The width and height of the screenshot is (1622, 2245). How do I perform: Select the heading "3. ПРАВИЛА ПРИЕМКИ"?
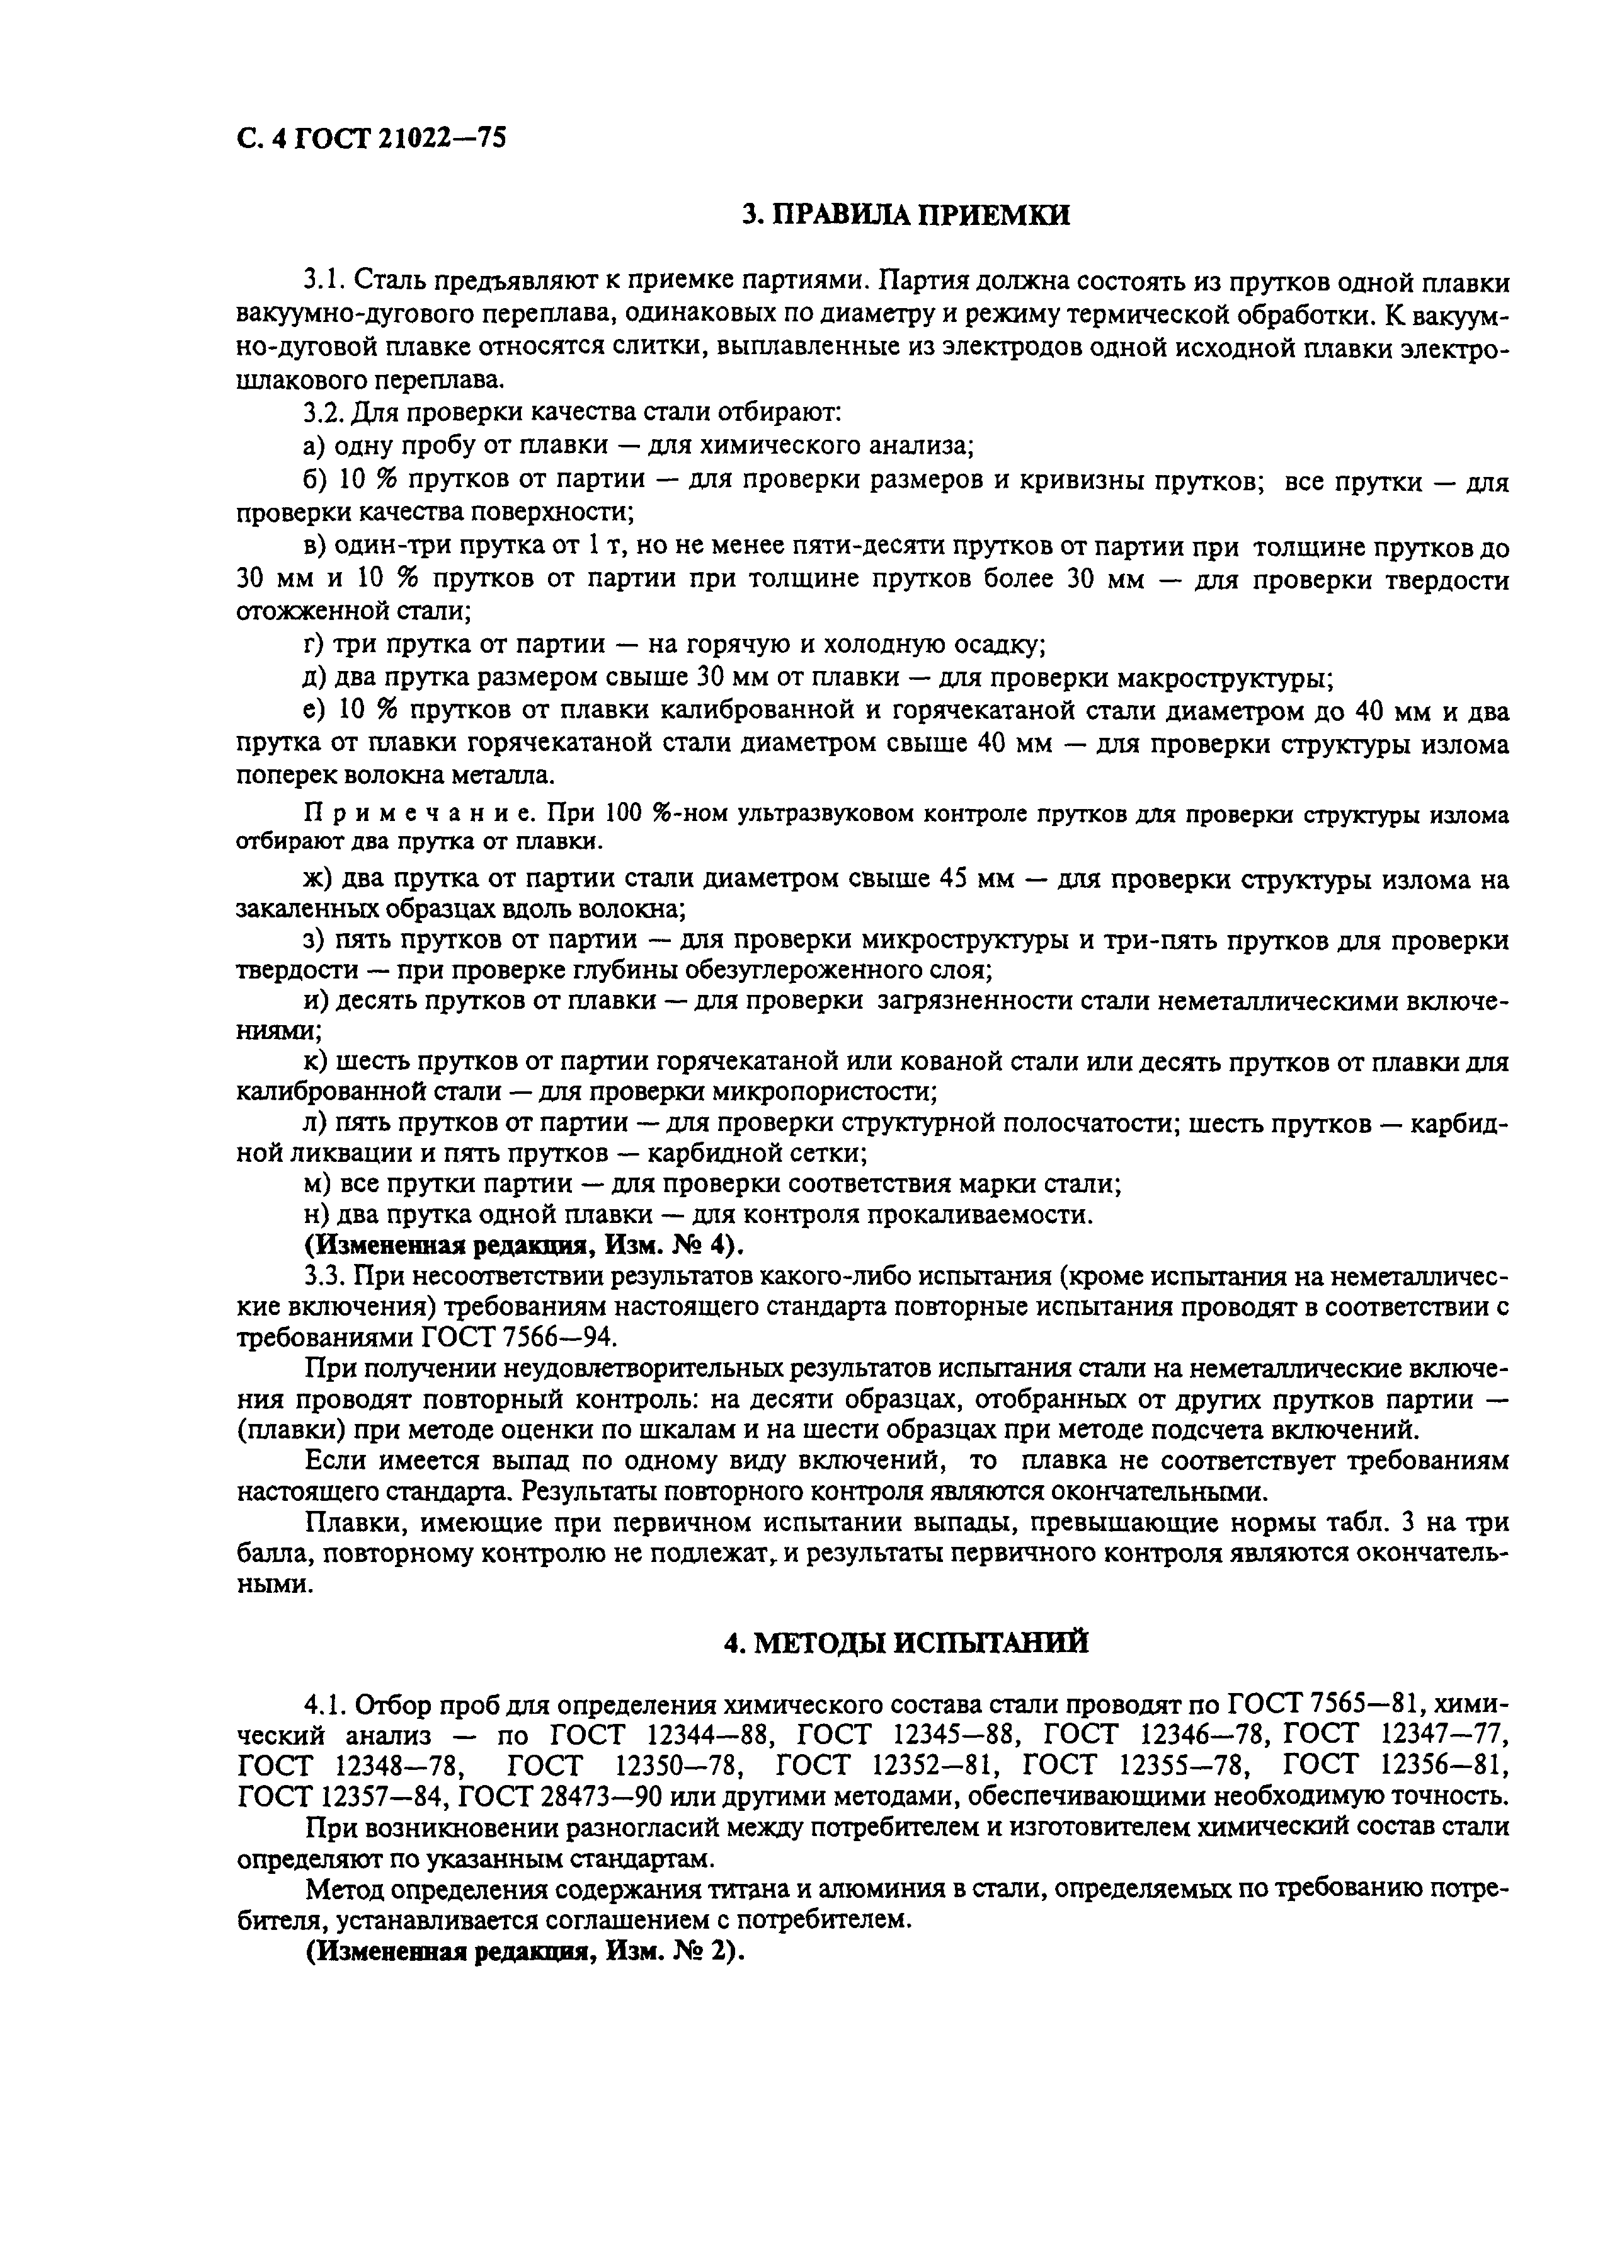(x=906, y=215)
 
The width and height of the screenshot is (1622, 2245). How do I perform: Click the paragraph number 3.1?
(x=324, y=282)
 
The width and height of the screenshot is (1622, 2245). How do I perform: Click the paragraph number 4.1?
(x=324, y=1704)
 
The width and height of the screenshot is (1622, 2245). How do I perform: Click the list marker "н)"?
(x=315, y=1214)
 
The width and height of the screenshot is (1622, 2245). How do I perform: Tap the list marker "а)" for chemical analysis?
(x=315, y=447)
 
